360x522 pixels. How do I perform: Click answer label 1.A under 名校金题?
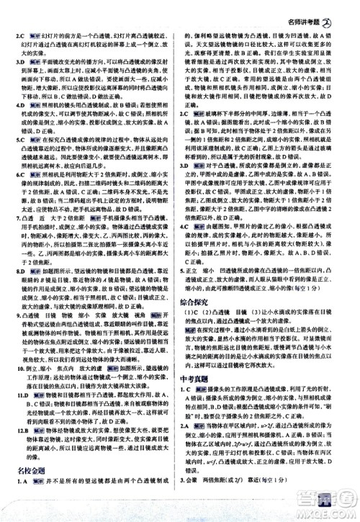click(21, 502)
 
